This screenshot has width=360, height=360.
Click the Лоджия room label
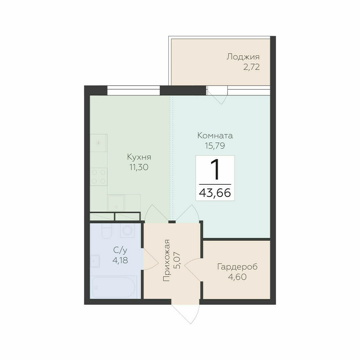(x=243, y=57)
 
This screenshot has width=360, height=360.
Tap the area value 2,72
(x=251, y=67)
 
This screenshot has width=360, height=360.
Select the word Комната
(x=215, y=135)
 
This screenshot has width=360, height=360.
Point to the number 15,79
(x=215, y=146)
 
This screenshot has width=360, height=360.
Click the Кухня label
(x=139, y=157)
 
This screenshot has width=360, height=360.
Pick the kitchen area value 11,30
(x=139, y=167)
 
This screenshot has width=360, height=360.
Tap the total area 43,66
(x=215, y=193)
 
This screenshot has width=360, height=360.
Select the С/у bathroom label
(x=120, y=250)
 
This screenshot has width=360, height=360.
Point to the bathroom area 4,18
(x=120, y=260)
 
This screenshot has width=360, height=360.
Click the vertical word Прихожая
(x=166, y=260)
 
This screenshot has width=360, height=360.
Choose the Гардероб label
(x=237, y=267)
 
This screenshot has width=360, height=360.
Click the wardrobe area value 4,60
(x=237, y=277)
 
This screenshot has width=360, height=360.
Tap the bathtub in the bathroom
(x=114, y=287)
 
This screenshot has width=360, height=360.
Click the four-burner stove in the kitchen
(x=99, y=177)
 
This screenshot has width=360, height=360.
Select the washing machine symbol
(x=127, y=230)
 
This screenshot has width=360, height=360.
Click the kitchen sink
(x=116, y=203)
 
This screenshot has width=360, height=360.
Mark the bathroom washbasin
(x=95, y=261)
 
